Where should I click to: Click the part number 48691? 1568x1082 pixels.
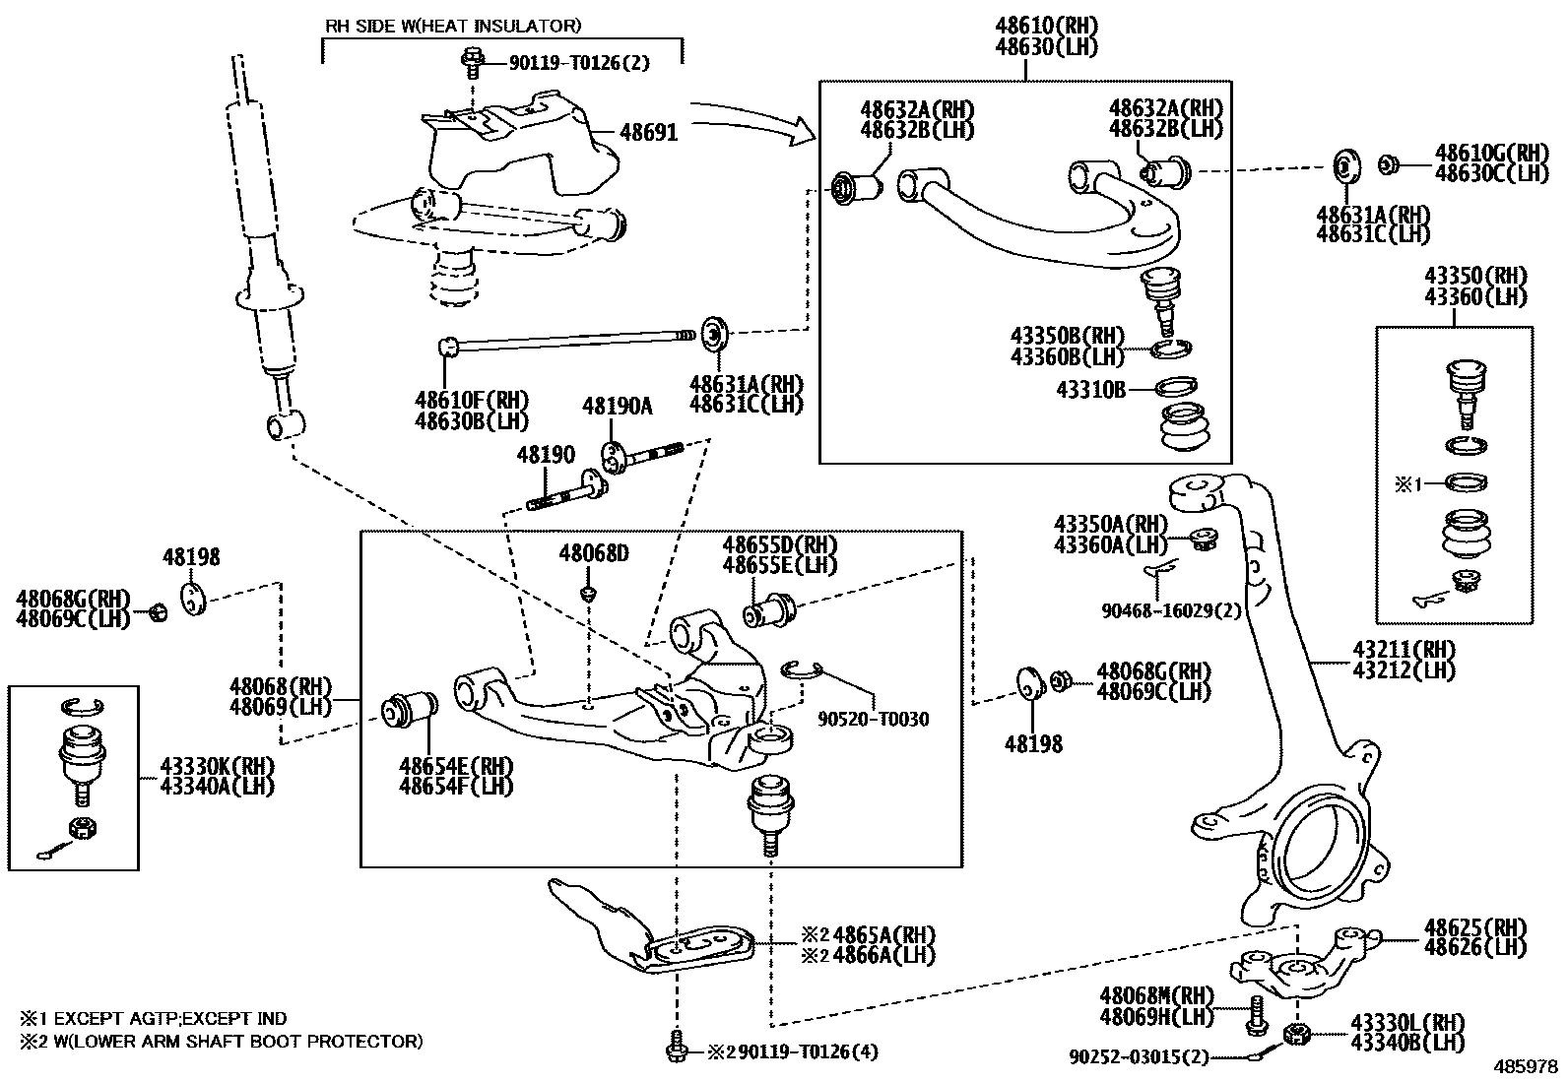tap(648, 132)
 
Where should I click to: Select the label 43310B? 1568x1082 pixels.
tap(1090, 390)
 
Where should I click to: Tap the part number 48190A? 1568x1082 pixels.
tap(617, 406)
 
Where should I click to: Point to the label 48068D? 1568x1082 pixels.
tap(594, 553)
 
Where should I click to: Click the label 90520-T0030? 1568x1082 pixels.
tap(873, 720)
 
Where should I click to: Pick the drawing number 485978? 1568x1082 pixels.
tap(1528, 1066)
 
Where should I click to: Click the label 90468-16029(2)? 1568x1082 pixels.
tap(1171, 611)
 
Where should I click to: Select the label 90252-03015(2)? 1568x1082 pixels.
tap(1138, 1056)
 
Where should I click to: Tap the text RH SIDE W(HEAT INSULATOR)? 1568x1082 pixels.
tap(453, 26)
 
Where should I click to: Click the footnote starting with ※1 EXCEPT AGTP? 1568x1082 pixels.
tap(153, 1019)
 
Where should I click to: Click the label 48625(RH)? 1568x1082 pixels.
tap(1474, 927)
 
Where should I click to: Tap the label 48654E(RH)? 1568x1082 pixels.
tap(456, 766)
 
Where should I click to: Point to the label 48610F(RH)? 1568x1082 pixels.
tap(472, 401)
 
